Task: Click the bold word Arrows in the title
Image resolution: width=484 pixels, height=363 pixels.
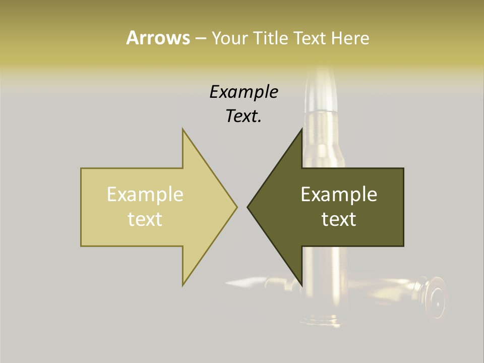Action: coord(158,38)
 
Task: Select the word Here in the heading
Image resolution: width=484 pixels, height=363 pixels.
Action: coord(350,38)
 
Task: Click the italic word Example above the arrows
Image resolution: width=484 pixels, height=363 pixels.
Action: coord(244,92)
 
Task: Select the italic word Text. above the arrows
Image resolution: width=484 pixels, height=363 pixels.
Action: coord(244,116)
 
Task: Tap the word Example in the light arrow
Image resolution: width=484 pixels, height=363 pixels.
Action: coord(145,195)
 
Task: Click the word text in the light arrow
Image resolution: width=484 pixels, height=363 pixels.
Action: coord(145,219)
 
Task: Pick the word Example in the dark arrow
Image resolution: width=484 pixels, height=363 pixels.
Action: coord(339,195)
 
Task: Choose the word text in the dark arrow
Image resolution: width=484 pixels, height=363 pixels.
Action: coord(339,219)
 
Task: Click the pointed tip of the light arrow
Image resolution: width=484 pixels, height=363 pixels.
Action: coord(236,207)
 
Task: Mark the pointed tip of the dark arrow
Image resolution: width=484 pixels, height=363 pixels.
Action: coord(248,207)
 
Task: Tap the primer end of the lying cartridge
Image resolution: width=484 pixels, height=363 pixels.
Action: coord(435,297)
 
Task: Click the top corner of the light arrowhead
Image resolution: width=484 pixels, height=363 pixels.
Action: coord(183,130)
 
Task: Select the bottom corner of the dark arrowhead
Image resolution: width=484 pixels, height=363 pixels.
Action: coord(301,284)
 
